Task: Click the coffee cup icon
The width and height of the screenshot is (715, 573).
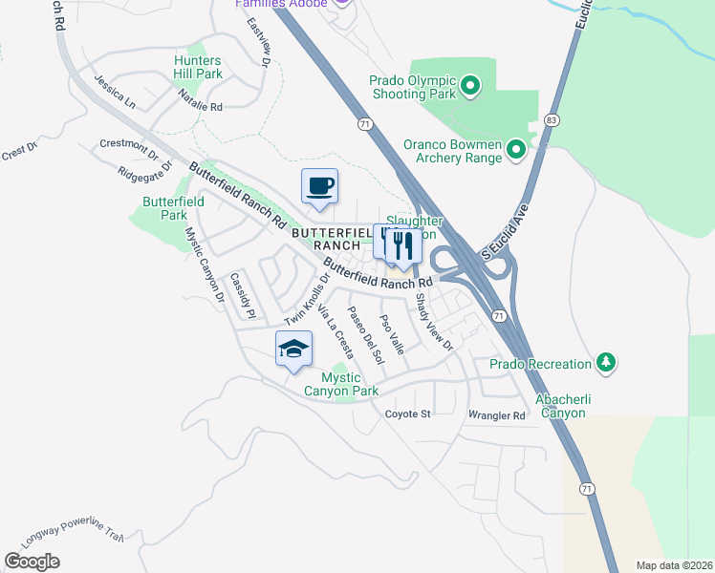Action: click(x=319, y=186)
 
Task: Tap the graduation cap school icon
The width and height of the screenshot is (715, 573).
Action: click(x=294, y=350)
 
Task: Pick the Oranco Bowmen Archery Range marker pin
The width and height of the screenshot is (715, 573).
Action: click(x=515, y=149)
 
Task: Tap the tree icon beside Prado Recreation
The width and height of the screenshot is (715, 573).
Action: click(x=605, y=363)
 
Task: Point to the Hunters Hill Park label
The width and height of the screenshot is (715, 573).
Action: click(x=198, y=67)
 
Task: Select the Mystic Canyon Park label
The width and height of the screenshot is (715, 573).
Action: click(x=341, y=384)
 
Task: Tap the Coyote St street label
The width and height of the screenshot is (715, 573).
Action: click(x=408, y=414)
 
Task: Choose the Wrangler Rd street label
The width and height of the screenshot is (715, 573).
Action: click(x=497, y=415)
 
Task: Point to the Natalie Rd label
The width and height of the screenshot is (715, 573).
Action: click(x=201, y=101)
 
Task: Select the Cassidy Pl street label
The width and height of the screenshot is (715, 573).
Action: click(x=241, y=296)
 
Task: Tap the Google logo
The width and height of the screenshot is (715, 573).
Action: click(x=32, y=562)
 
